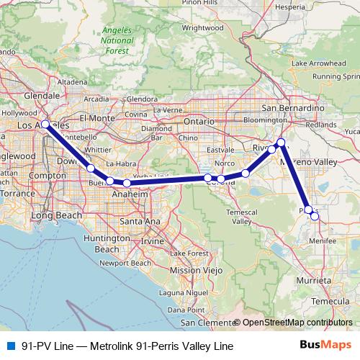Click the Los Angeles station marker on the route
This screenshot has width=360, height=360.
45,124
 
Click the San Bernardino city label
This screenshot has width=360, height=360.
289,107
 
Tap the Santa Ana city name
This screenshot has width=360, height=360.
140,220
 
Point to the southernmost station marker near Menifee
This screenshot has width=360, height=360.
315,216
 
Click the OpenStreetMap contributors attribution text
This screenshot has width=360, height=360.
297,323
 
